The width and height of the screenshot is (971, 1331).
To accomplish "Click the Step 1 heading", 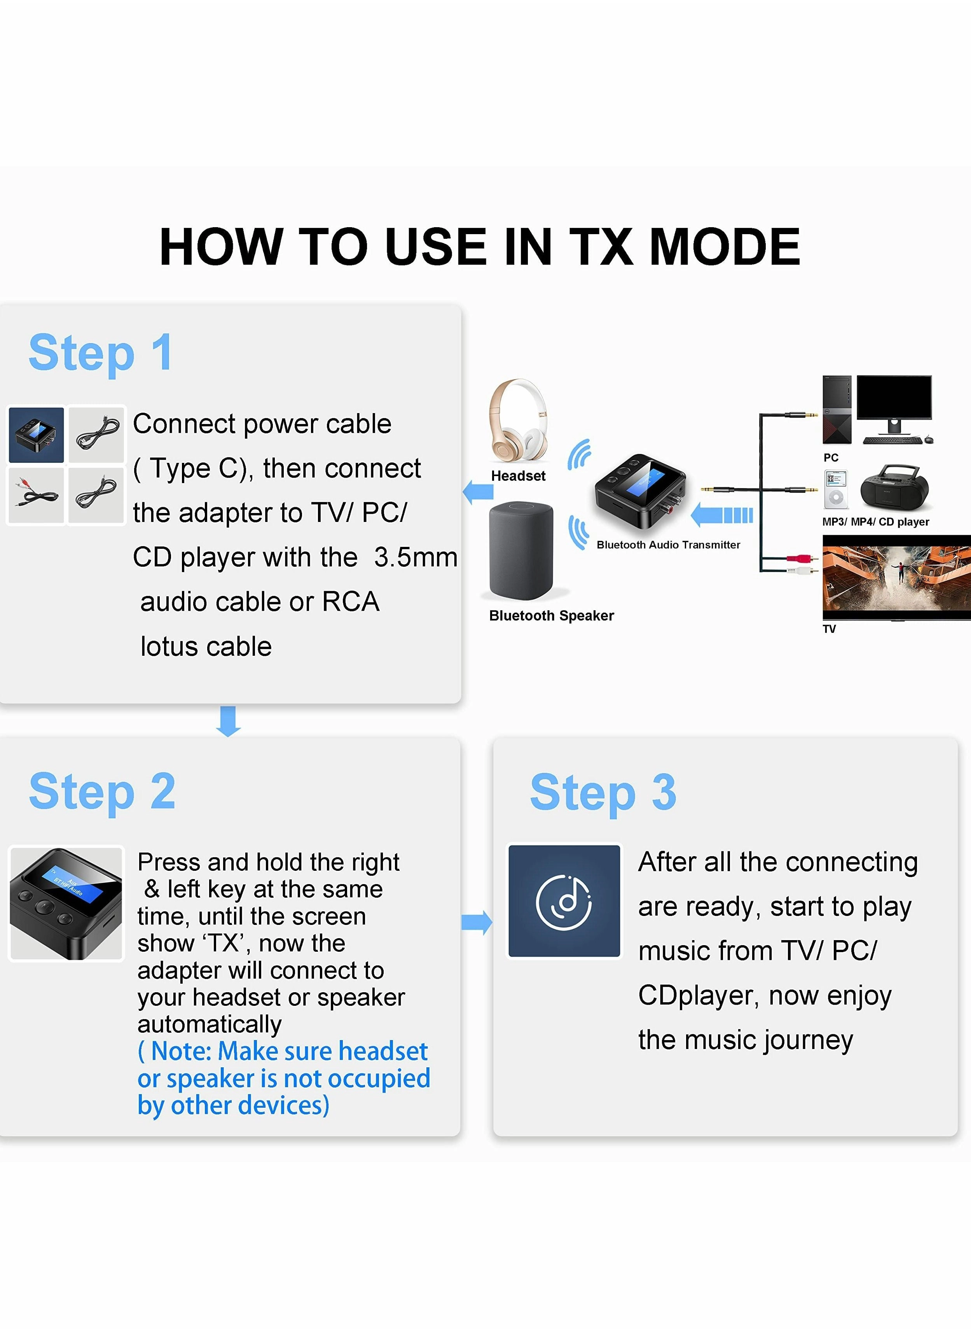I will (101, 353).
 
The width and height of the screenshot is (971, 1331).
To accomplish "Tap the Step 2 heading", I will (102, 792).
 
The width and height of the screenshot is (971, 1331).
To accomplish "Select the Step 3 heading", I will (603, 792).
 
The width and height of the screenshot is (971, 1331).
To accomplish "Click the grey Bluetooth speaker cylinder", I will (521, 550).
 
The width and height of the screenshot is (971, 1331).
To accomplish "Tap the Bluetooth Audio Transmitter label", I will (668, 545).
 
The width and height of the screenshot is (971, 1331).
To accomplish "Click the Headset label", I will (518, 476).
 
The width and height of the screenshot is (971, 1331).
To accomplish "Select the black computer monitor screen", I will (893, 398).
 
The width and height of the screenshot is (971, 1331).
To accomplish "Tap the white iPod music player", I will (835, 489).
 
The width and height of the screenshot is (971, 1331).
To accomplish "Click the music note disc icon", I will (564, 901).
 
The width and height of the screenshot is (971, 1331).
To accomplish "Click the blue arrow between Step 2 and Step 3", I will (477, 922).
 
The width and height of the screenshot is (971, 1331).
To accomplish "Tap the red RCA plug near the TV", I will (799, 558).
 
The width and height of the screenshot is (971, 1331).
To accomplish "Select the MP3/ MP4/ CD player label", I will (875, 522).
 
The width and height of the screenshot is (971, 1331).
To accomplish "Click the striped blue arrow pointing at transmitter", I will (722, 515).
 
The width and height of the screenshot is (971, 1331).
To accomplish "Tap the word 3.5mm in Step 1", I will (416, 557).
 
